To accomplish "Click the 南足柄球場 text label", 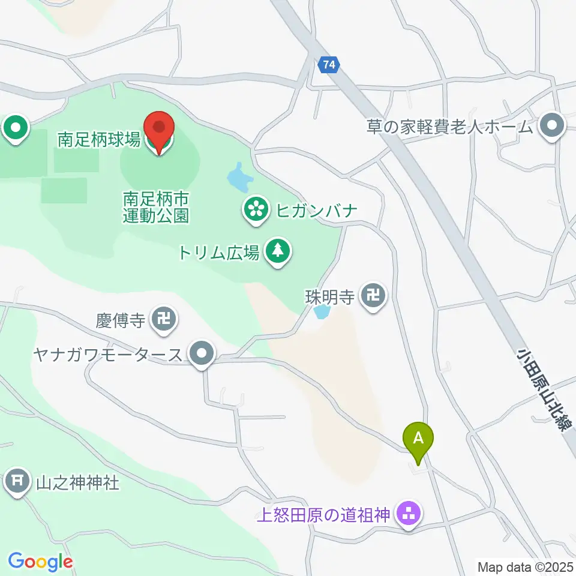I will [99, 141].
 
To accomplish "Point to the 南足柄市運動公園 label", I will [156, 207].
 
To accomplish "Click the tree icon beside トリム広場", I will [277, 253].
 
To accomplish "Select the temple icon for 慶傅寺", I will [163, 319].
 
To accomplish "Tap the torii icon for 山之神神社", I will [18, 481].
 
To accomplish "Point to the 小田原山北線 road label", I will [542, 388].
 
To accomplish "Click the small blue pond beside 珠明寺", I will [322, 312].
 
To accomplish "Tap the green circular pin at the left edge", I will [16, 128].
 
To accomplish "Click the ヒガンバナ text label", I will [317, 211].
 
